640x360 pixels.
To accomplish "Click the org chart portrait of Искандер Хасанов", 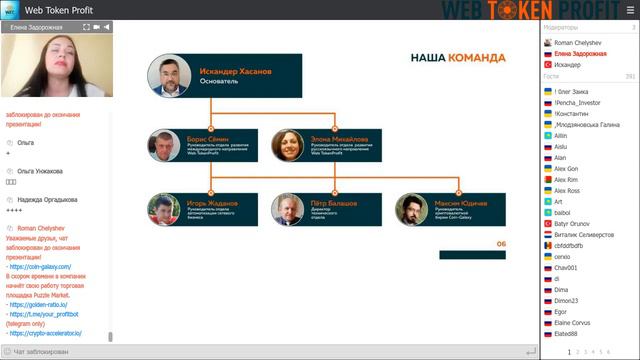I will coord(169,76).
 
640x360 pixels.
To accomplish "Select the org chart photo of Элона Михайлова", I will coord(288,147).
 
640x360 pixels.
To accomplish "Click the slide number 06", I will coord(501,243).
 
